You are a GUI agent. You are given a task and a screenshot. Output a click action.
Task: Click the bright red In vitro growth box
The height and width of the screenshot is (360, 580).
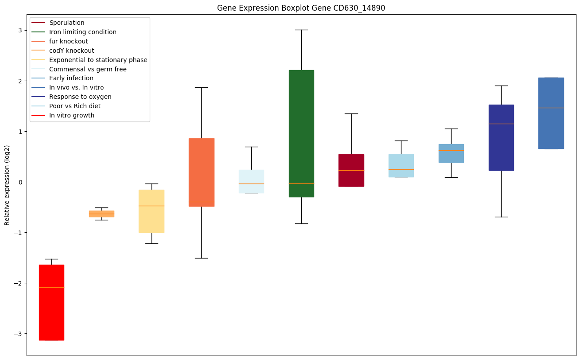click(x=51, y=310)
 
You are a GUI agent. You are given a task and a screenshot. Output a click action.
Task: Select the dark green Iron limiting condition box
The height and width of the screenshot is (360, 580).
click(x=301, y=133)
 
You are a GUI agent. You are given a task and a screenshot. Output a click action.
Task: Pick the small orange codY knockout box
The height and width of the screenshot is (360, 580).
click(x=101, y=214)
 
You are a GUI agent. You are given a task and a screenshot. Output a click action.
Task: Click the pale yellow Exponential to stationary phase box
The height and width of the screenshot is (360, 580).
click(x=152, y=211)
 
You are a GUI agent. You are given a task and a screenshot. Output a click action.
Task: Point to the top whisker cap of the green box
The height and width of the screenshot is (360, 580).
click(x=301, y=30)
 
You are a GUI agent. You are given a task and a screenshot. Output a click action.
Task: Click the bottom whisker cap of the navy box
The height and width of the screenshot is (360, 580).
click(x=501, y=217)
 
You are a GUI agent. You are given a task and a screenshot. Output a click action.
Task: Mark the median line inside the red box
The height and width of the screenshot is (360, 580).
click(x=51, y=287)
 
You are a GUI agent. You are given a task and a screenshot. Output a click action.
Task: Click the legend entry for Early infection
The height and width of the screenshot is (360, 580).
click(x=71, y=78)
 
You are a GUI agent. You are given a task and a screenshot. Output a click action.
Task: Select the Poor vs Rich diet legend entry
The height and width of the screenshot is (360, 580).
click(x=75, y=106)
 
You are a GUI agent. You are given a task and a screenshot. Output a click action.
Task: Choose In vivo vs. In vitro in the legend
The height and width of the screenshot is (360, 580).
click(x=76, y=88)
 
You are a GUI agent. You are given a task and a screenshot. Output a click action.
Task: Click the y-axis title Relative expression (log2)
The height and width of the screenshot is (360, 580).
click(x=7, y=185)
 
